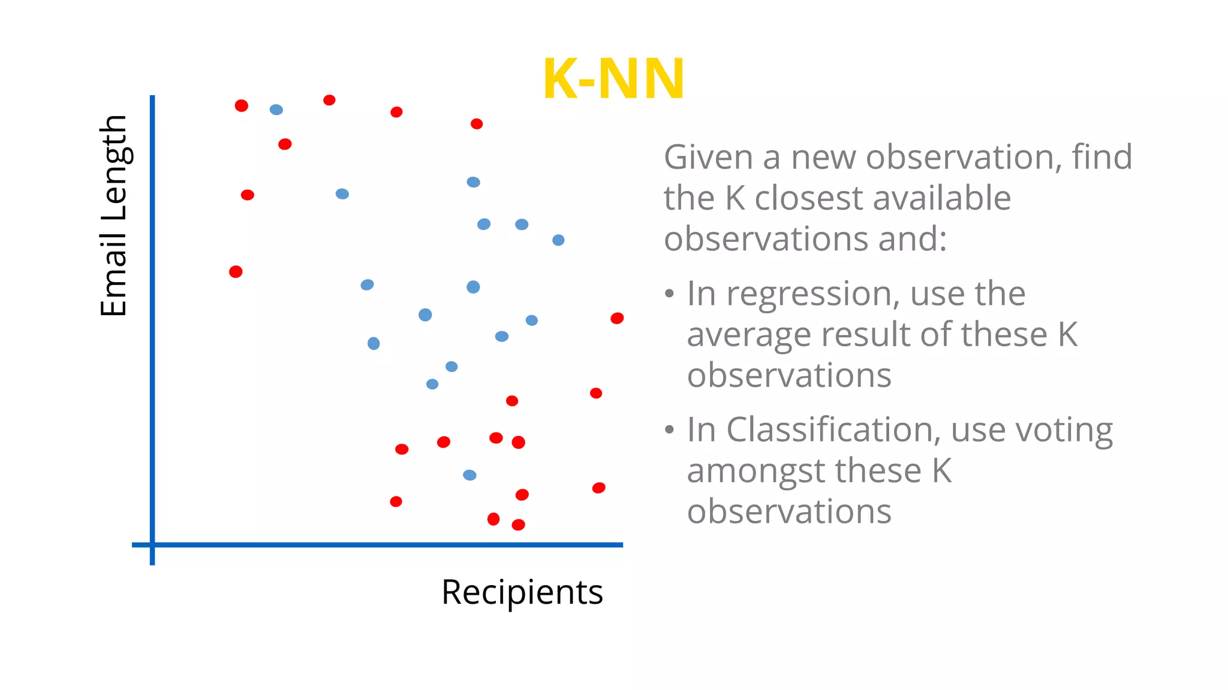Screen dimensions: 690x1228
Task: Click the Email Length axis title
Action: (x=114, y=216)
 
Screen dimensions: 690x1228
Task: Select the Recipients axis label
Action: (x=522, y=592)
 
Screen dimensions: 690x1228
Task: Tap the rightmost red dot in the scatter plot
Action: (x=617, y=318)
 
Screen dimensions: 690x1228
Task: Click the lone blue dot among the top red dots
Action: (x=276, y=110)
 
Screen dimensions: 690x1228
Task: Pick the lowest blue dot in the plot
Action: (x=469, y=475)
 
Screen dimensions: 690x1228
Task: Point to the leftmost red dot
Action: (x=236, y=272)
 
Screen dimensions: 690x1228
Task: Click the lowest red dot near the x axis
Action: (x=518, y=525)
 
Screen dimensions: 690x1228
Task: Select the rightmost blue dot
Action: (x=558, y=240)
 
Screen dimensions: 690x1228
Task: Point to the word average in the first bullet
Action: (x=749, y=335)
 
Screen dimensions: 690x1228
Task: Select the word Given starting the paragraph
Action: (x=708, y=158)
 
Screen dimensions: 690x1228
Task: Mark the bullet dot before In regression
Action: (x=670, y=294)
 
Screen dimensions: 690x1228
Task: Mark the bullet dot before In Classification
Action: (x=670, y=430)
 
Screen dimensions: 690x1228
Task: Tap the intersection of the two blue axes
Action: (x=152, y=544)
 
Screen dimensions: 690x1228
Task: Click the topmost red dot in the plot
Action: (x=329, y=100)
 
